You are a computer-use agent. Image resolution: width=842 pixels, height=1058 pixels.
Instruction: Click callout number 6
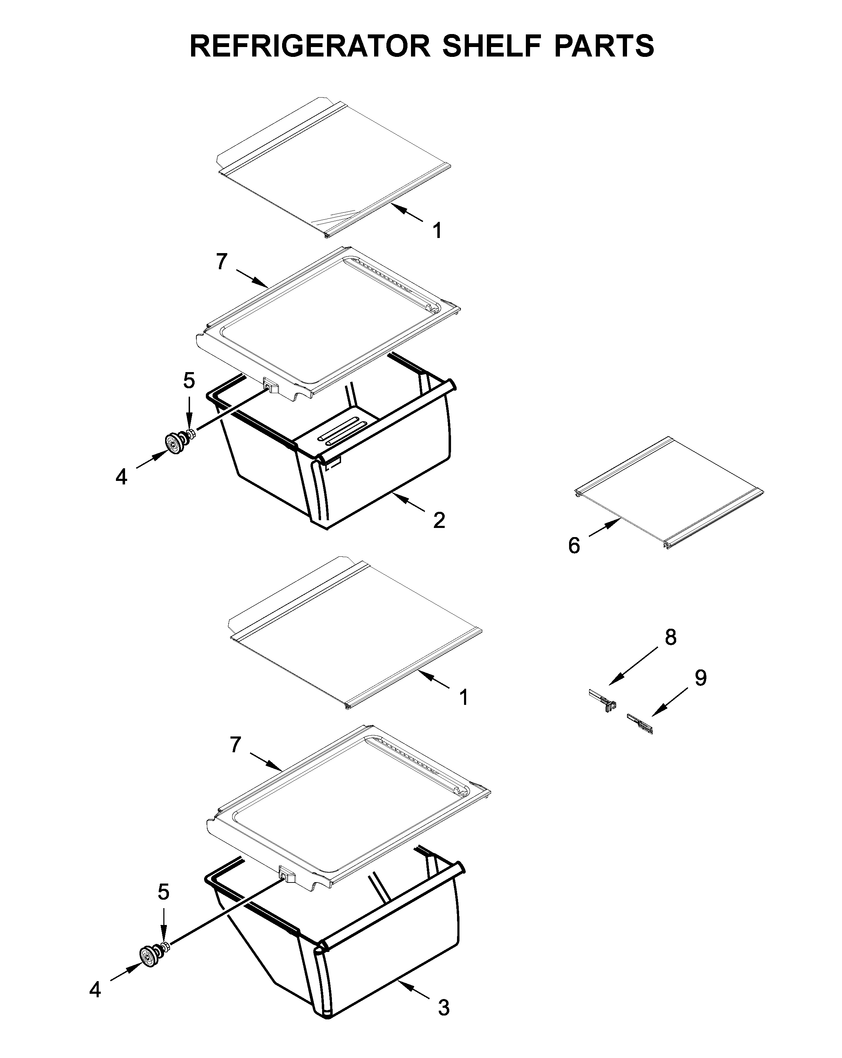click(574, 545)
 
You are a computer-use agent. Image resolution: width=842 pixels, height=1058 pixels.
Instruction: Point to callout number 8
click(670, 637)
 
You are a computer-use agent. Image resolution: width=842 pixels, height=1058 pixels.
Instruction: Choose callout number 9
click(700, 678)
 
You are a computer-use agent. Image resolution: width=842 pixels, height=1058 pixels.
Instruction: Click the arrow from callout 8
click(633, 665)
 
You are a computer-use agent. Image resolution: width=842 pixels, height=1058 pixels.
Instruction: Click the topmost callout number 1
click(437, 231)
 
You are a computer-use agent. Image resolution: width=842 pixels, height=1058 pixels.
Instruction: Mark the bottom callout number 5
click(163, 892)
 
